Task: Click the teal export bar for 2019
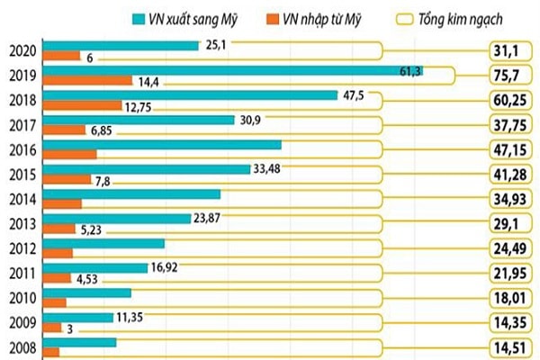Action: point(234,70)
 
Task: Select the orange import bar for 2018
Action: point(82,105)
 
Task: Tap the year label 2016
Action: point(21,148)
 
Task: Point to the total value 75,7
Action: point(509,76)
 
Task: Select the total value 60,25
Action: point(509,100)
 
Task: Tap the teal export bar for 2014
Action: point(131,193)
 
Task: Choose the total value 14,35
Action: point(509,319)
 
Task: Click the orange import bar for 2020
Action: point(62,57)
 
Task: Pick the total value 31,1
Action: point(509,51)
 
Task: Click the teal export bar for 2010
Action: point(86,292)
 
